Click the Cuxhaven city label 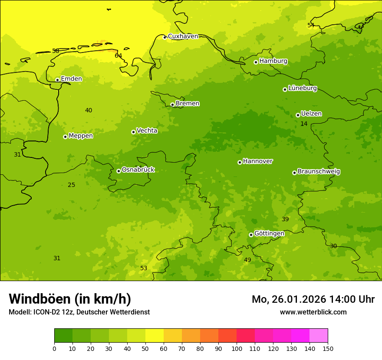click(183, 36)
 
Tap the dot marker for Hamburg click(256, 62)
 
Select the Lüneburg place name click(302, 88)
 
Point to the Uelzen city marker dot click(298, 115)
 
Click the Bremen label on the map click(187, 104)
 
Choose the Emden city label click(71, 79)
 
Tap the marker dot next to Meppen click(65, 137)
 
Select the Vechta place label click(147, 131)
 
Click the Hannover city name click(257, 161)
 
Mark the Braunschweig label click(319, 172)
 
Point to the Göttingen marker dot click(251, 235)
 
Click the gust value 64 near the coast click(118, 56)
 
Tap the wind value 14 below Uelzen click(304, 124)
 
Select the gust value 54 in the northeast click(311, 25)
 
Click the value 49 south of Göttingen click(247, 260)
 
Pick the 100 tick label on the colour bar click(237, 348)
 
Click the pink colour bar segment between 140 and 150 click(319, 335)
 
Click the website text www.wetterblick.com click(313, 312)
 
